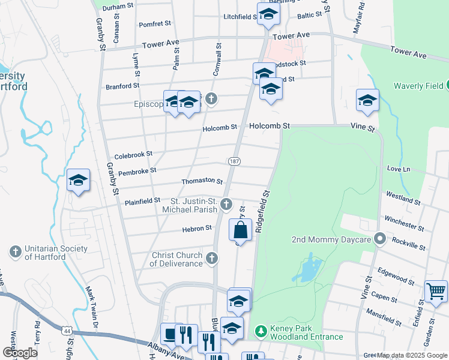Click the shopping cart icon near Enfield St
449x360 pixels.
point(435,291)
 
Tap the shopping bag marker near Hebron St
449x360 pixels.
point(240,229)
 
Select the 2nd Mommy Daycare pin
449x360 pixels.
point(379,239)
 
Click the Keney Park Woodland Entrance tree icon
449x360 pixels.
point(260,331)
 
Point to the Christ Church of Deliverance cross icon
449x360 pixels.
point(211,259)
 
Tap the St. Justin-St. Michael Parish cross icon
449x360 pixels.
point(226,205)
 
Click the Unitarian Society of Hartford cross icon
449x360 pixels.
point(16,253)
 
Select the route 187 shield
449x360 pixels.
point(234,161)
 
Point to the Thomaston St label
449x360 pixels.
point(202,181)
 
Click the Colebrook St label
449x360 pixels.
point(133,155)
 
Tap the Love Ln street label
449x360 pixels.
point(398,169)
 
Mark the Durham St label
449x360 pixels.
point(118,7)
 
